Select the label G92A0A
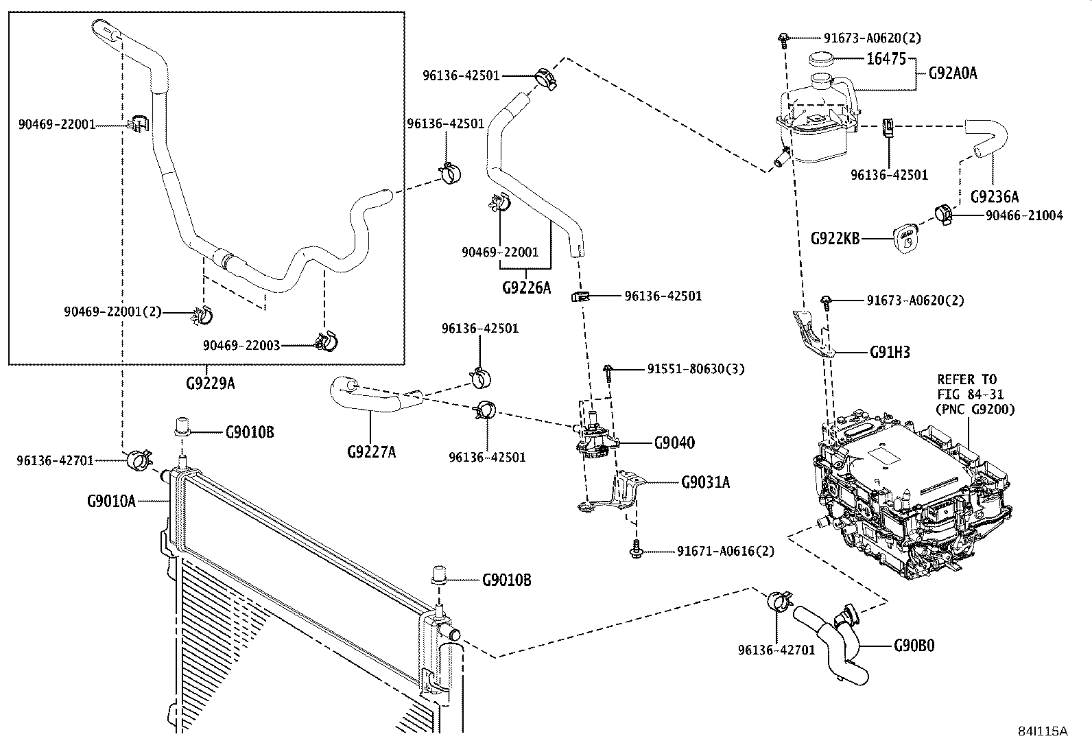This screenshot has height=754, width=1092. (x=952, y=73)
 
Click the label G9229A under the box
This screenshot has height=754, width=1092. (x=210, y=383)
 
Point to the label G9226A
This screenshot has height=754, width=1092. (x=527, y=287)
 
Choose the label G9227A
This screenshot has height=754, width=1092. (x=371, y=451)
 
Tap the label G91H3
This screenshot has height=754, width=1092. (x=890, y=353)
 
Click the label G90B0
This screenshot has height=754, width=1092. (x=914, y=646)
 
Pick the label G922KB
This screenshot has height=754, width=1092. (x=835, y=238)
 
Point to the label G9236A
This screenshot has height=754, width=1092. (x=995, y=197)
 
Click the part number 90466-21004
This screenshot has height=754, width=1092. (x=1024, y=215)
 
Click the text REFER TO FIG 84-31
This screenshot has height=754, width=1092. (x=967, y=386)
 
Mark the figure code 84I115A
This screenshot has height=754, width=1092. (x=1043, y=731)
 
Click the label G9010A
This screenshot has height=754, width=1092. (x=111, y=501)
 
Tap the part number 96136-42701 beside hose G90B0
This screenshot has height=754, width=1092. (x=776, y=649)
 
